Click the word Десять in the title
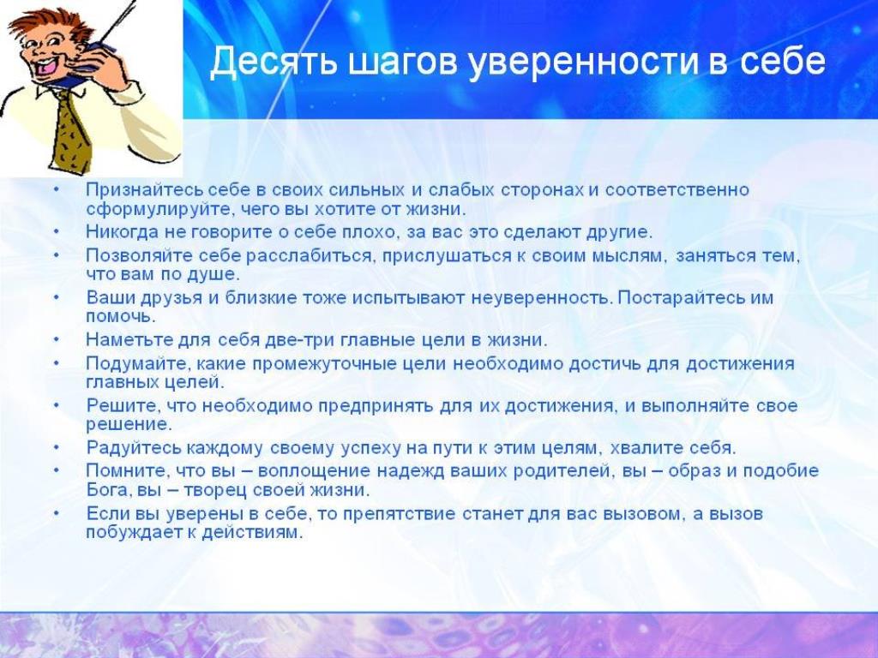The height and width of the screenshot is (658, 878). pos(274,62)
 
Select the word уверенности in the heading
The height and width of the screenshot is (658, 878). pos(582,61)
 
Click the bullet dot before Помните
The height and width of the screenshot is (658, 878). pos(57,470)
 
